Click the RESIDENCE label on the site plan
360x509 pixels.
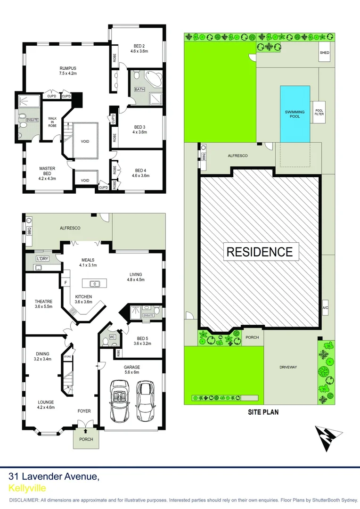(x=260, y=251)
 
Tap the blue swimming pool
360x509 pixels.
(x=295, y=114)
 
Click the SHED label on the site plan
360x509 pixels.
(x=325, y=53)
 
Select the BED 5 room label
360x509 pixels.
(x=141, y=340)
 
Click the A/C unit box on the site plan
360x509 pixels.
(x=325, y=308)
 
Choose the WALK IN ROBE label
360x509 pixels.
(x=52, y=122)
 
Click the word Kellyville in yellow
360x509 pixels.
(x=27, y=488)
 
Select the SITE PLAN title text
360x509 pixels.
(x=263, y=412)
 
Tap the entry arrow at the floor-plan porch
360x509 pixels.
(x=86, y=429)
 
